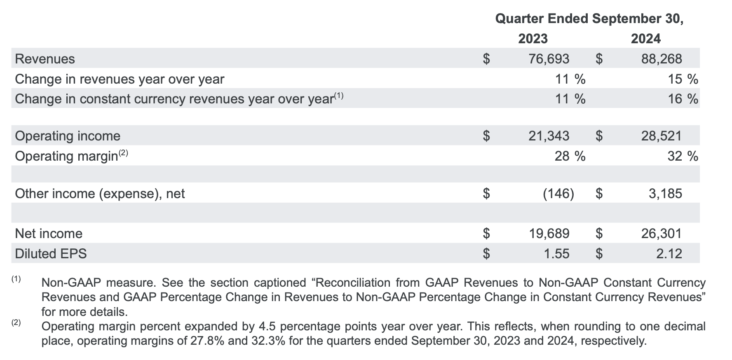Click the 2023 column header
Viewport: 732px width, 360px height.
point(533,39)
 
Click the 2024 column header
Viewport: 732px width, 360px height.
point(646,39)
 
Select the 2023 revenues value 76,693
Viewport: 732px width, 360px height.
point(549,59)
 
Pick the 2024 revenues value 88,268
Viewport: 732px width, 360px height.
point(662,59)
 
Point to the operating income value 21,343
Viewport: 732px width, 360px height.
point(549,136)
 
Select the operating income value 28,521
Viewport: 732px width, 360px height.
point(662,136)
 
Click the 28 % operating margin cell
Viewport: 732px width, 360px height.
point(570,156)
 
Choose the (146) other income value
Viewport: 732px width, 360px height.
point(558,193)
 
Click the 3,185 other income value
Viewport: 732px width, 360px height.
point(665,193)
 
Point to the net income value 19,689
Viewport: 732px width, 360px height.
point(549,234)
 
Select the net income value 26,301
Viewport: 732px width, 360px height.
point(662,234)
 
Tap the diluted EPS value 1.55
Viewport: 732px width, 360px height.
point(556,254)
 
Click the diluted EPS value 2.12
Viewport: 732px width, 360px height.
point(669,254)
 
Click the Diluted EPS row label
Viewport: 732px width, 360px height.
point(51,254)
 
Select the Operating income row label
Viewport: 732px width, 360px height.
point(68,136)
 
